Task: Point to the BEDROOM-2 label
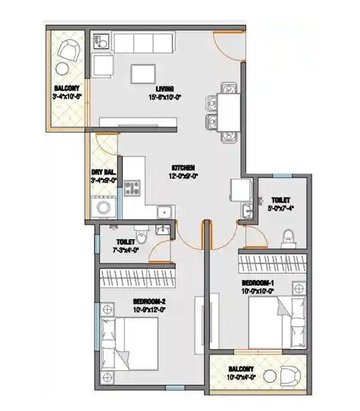point(148,302)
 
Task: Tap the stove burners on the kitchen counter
point(133,187)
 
